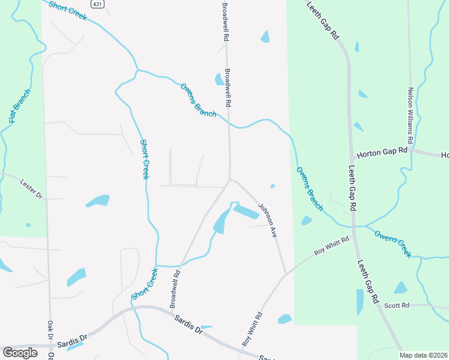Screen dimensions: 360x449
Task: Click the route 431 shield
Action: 97,4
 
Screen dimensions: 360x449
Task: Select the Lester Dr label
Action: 32,188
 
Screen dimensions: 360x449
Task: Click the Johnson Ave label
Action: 267,221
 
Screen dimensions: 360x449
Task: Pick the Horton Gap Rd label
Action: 382,154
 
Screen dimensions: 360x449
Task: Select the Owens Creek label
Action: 393,243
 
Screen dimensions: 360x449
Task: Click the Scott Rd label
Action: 397,305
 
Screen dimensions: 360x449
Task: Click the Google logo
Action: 20,353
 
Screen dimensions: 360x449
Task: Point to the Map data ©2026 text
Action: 423,355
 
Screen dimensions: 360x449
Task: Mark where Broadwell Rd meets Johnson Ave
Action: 229,179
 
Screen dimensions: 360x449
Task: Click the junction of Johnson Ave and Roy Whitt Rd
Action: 285,275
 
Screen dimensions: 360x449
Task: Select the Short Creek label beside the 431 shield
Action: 68,10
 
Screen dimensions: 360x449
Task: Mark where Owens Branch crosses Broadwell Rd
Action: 229,122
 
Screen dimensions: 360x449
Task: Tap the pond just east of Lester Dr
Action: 98,200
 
